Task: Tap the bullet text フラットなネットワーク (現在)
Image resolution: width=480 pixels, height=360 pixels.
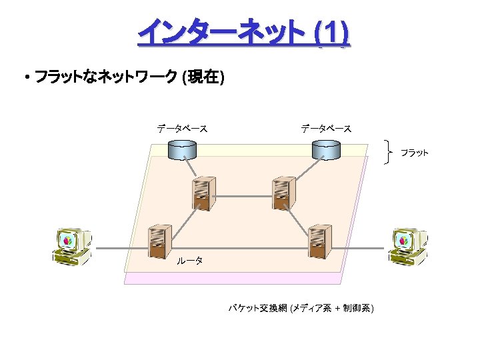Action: pyautogui.click(x=129, y=78)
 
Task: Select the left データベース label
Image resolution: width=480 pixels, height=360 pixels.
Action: pyautogui.click(x=181, y=127)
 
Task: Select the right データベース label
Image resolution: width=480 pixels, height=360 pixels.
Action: pyautogui.click(x=325, y=127)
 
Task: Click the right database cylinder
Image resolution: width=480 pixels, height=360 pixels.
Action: pyautogui.click(x=326, y=150)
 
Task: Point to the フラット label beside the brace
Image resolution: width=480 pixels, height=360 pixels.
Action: pyautogui.click(x=414, y=153)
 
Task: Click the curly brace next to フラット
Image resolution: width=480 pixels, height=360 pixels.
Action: pyautogui.click(x=391, y=153)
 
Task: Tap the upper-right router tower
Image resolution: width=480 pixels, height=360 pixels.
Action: pyautogui.click(x=282, y=193)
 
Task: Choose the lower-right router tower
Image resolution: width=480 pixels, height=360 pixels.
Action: pyautogui.click(x=319, y=241)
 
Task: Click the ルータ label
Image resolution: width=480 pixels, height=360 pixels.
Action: pyautogui.click(x=189, y=261)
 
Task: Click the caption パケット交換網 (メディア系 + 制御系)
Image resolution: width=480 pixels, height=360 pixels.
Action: pyautogui.click(x=301, y=308)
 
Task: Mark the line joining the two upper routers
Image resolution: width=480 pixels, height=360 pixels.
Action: pyautogui.click(x=243, y=196)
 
